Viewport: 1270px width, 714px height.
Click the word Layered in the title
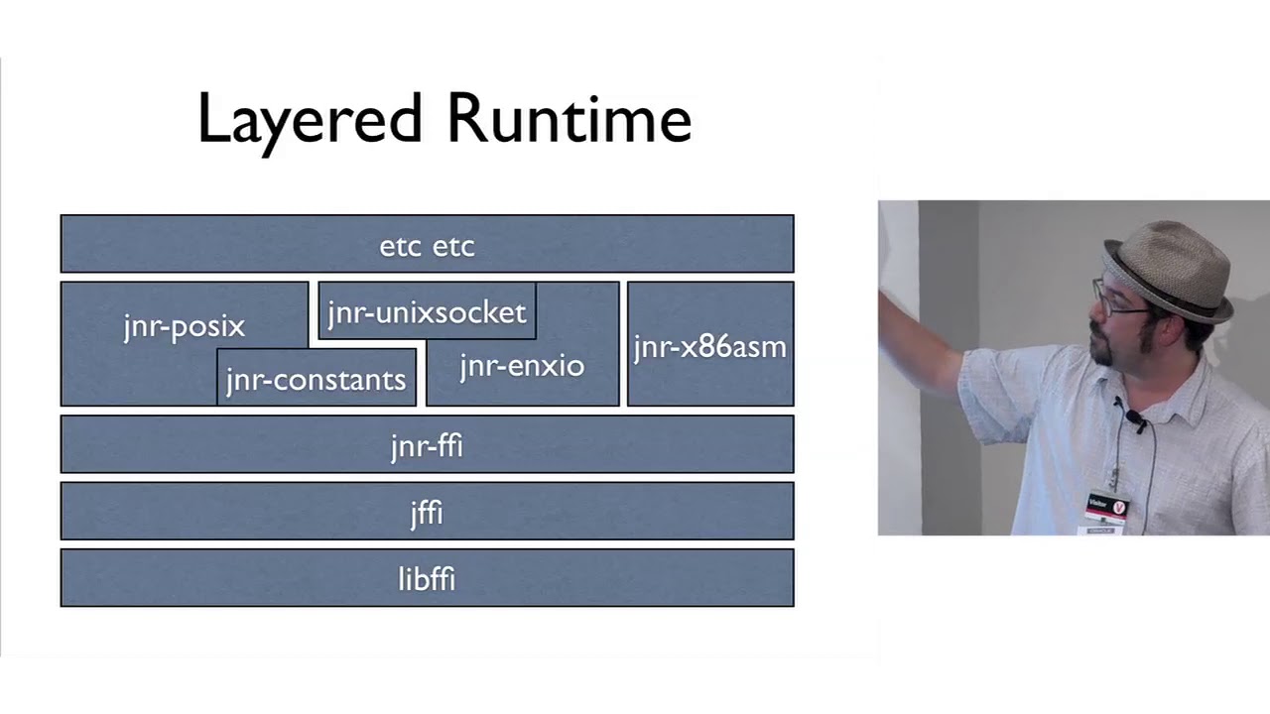pyautogui.click(x=310, y=119)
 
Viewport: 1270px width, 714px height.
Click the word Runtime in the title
pyautogui.click(x=568, y=119)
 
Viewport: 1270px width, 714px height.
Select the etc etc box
pyautogui.click(x=427, y=245)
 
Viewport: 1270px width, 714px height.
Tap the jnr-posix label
pyautogui.click(x=184, y=326)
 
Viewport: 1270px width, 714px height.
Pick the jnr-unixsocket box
pyautogui.click(x=427, y=312)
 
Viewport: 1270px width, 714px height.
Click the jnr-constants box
pyautogui.click(x=316, y=379)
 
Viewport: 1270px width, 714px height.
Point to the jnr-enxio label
pyautogui.click(x=522, y=366)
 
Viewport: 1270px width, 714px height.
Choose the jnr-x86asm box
pyautogui.click(x=709, y=346)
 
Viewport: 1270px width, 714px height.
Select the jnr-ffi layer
pyautogui.click(x=427, y=445)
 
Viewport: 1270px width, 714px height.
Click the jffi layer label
pyautogui.click(x=427, y=512)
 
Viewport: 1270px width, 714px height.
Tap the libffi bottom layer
pyautogui.click(x=427, y=578)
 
